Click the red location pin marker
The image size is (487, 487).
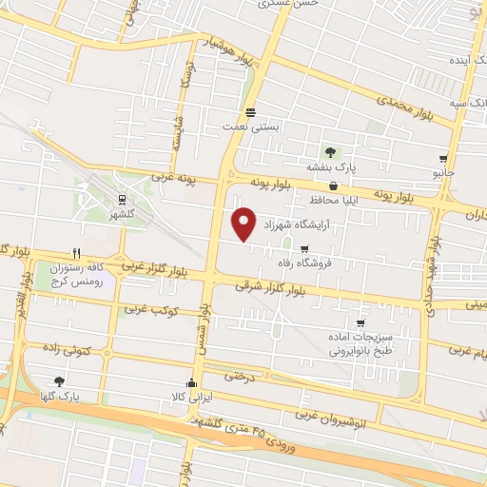tap(244, 223)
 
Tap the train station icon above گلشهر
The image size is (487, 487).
tap(123, 200)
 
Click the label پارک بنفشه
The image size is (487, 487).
tap(330, 167)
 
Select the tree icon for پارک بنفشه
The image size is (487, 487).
tap(330, 152)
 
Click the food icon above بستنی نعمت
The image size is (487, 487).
tap(250, 109)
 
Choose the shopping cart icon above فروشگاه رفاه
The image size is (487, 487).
tap(304, 250)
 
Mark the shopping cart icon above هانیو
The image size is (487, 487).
tap(443, 158)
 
